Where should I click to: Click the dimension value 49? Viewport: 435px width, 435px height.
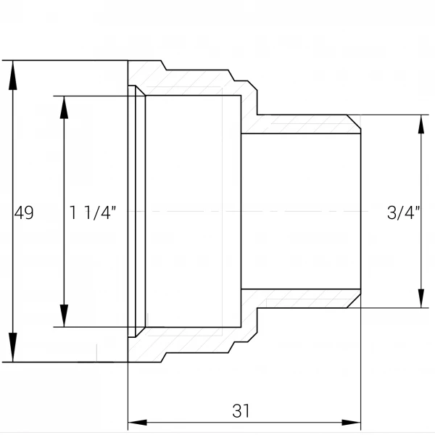pos(24,213)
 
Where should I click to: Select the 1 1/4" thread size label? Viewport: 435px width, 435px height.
pos(92,213)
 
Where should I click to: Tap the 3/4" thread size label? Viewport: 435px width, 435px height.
pos(403,213)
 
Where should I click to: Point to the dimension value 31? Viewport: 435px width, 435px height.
pos(241,411)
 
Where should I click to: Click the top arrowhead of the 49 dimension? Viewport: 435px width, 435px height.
pos(13,75)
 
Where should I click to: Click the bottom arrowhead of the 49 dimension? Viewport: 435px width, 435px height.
pos(13,347)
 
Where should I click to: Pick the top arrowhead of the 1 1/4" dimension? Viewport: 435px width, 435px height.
pos(64,107)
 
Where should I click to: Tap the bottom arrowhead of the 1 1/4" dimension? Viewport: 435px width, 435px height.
pos(64,315)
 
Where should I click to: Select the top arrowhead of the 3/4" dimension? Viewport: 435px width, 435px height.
pos(421,124)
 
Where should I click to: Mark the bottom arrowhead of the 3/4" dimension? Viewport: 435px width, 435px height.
pos(421,299)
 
